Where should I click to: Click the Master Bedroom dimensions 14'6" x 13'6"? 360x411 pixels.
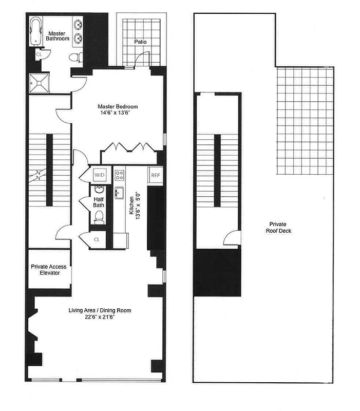tap(118, 114)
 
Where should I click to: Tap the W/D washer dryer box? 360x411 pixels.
tap(99, 175)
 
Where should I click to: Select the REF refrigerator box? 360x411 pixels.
tap(155, 175)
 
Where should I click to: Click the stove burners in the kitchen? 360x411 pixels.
tap(120, 175)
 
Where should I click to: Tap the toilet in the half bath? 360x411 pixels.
tap(99, 218)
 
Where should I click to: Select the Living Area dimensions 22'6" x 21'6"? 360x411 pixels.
tap(100, 317)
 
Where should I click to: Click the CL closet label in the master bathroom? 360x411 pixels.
tap(39, 53)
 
